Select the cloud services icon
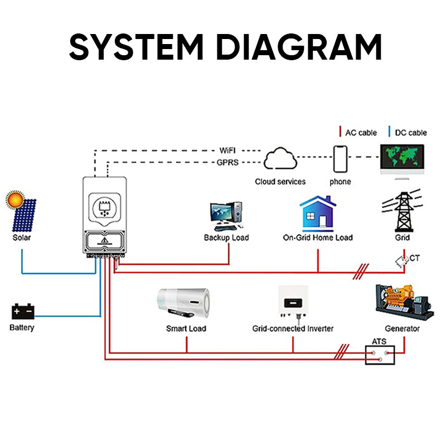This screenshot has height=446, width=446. click(x=280, y=161)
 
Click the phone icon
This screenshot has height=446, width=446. click(x=340, y=159)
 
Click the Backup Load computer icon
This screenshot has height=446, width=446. click(x=226, y=216)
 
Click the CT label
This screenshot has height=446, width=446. click(x=415, y=258)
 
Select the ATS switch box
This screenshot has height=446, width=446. click(x=380, y=355)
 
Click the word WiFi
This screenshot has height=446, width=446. click(x=228, y=151)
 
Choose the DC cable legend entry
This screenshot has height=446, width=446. click(x=409, y=133)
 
